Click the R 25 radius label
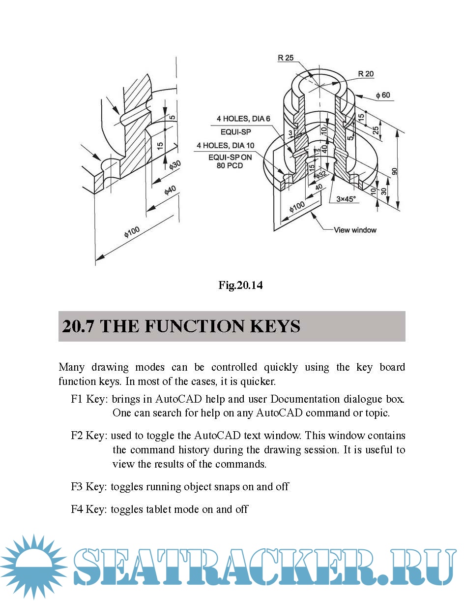pos(286,58)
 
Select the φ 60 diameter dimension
pos(383,95)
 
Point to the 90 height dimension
pos(394,171)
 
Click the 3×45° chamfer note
pos(346,199)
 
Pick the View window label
pos(355,230)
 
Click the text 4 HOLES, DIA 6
pos(243,119)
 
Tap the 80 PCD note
pos(230,165)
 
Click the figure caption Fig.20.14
pos(240,285)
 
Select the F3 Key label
pos(89,487)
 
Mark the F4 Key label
pos(89,509)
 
